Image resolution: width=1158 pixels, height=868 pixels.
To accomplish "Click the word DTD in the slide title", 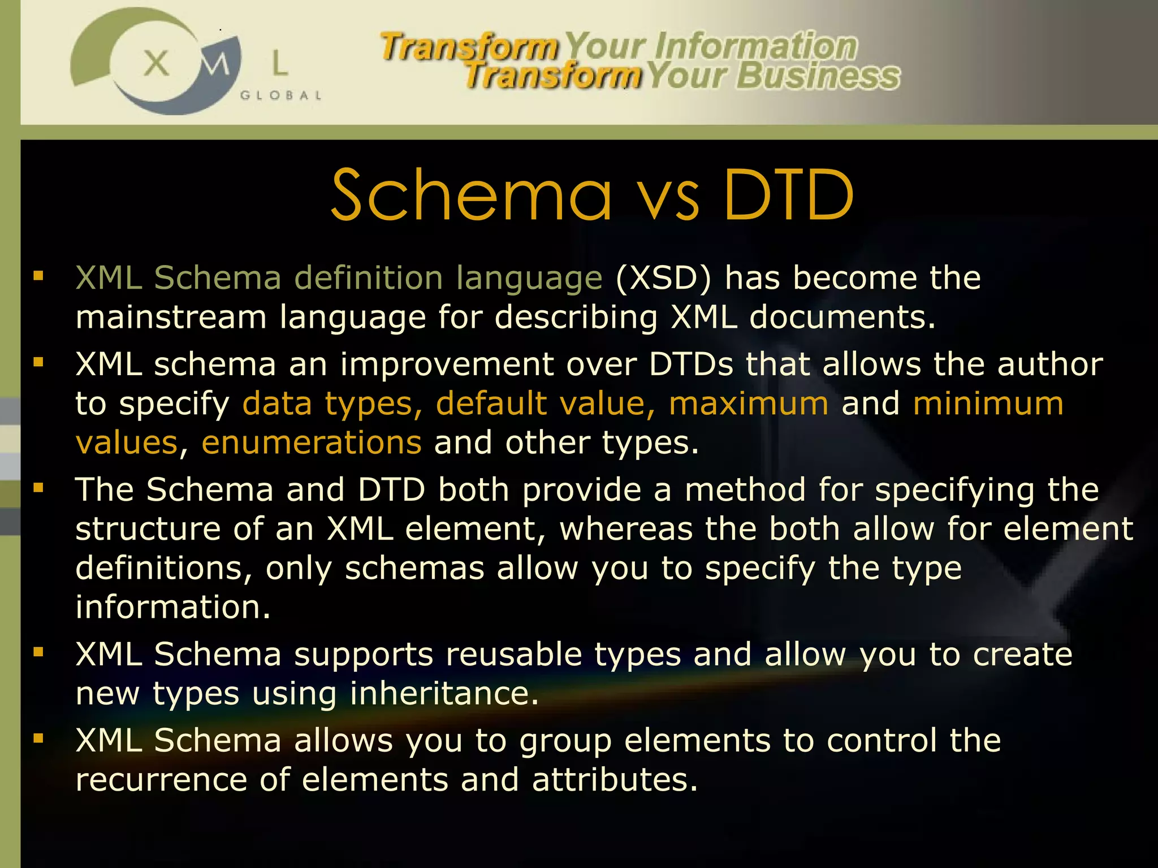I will click(789, 195).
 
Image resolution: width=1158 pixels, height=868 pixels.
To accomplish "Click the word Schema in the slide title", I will click(472, 195).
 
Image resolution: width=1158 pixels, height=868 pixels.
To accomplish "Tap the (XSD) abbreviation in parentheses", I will click(663, 278).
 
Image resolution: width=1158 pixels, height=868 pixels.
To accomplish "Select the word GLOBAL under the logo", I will click(281, 96).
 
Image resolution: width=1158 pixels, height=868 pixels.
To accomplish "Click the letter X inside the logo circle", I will click(157, 63).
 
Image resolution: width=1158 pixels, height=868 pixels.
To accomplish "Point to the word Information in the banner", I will click(755, 46).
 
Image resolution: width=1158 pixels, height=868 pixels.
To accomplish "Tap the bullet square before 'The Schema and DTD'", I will click(38, 488).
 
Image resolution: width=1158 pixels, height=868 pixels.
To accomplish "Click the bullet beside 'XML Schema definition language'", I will click(38, 276).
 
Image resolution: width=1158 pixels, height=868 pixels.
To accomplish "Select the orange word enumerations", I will click(312, 442).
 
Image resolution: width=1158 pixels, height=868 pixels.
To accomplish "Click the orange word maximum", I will click(749, 403).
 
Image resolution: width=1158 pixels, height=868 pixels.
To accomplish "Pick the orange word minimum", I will click(988, 403).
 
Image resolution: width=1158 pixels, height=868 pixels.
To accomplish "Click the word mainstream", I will click(171, 317).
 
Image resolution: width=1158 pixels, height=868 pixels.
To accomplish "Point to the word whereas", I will click(626, 529).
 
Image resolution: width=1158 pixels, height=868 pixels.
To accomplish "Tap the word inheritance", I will click(444, 693).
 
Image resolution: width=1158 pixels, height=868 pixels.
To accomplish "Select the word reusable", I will click(514, 654).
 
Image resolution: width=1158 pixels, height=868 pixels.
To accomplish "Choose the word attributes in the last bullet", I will click(615, 780).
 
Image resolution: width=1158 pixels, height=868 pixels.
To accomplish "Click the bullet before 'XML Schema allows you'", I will click(38, 737).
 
